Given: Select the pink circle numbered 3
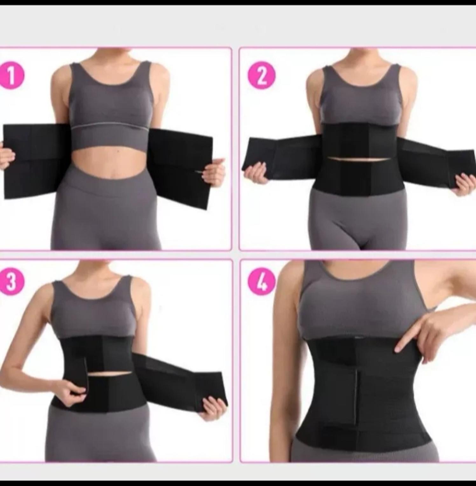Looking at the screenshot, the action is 11,282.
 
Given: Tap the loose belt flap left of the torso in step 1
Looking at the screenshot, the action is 35,161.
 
